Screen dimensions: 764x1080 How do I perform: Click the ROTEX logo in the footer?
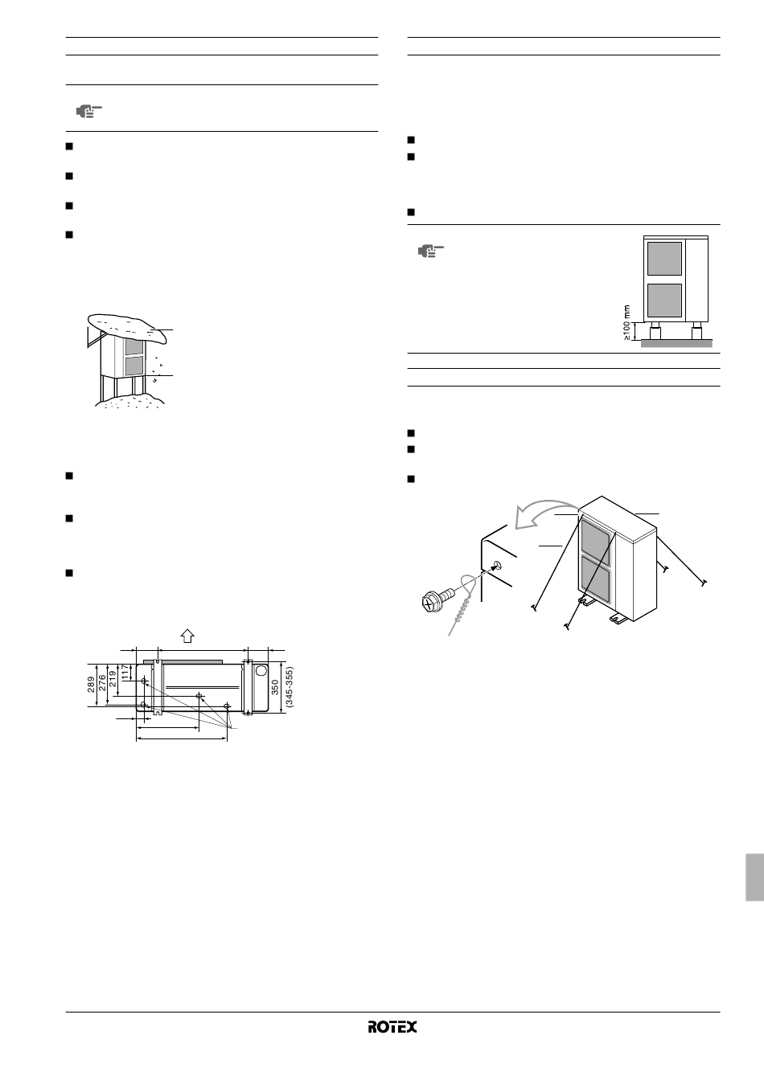(392, 1027)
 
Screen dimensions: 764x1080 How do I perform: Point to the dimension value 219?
(113, 679)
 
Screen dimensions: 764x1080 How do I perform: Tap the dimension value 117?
(125, 672)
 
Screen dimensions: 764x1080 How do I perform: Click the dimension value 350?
(275, 687)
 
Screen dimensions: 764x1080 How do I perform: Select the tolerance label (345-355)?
(289, 687)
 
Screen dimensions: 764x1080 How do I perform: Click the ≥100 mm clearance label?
(626, 322)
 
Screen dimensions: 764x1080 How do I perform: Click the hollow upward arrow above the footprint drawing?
(187, 636)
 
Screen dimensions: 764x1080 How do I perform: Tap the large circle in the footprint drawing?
(261, 671)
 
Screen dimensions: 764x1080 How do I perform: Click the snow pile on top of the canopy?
(127, 327)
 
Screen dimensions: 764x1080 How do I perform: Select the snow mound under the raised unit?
(129, 399)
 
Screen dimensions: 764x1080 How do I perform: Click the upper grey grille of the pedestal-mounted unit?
(664, 259)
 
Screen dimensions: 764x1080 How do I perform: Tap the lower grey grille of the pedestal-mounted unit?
(664, 301)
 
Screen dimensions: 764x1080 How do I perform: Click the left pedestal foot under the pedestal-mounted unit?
(655, 331)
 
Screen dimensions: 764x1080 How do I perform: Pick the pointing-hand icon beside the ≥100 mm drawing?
(430, 252)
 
